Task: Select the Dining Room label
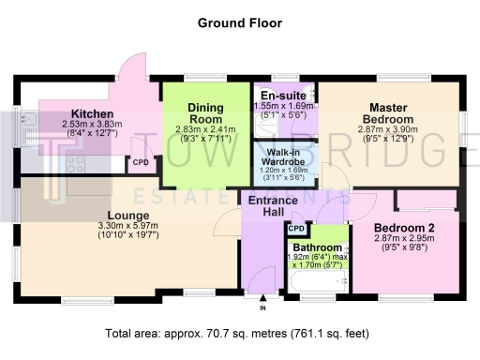205,113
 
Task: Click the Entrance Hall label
273,207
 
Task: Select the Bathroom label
316,232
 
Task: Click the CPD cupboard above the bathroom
297,228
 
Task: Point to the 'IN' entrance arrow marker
263,305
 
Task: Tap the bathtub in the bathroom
309,280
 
